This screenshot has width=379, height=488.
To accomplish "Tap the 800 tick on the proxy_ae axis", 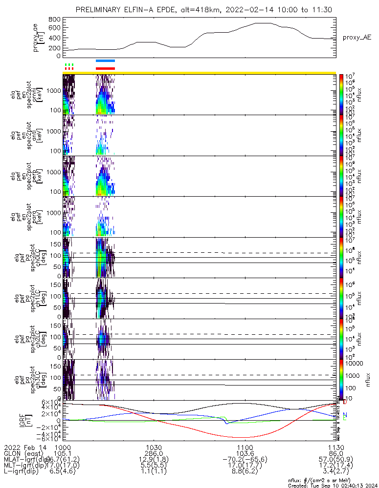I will click(54, 20).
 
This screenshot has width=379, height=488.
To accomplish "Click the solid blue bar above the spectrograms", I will click(106, 61).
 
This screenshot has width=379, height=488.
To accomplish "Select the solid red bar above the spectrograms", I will click(106, 68).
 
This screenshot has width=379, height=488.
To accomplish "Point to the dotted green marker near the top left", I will click(69, 64).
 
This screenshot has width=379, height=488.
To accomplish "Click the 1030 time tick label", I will click(154, 447).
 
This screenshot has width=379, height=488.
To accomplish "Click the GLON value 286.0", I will click(154, 454).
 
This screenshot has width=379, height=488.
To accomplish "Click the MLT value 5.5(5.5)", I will click(154, 467).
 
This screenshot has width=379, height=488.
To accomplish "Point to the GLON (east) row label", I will click(23, 454).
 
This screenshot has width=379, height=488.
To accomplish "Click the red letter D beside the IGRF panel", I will click(345, 402).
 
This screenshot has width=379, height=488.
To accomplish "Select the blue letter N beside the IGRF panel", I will click(345, 414).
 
